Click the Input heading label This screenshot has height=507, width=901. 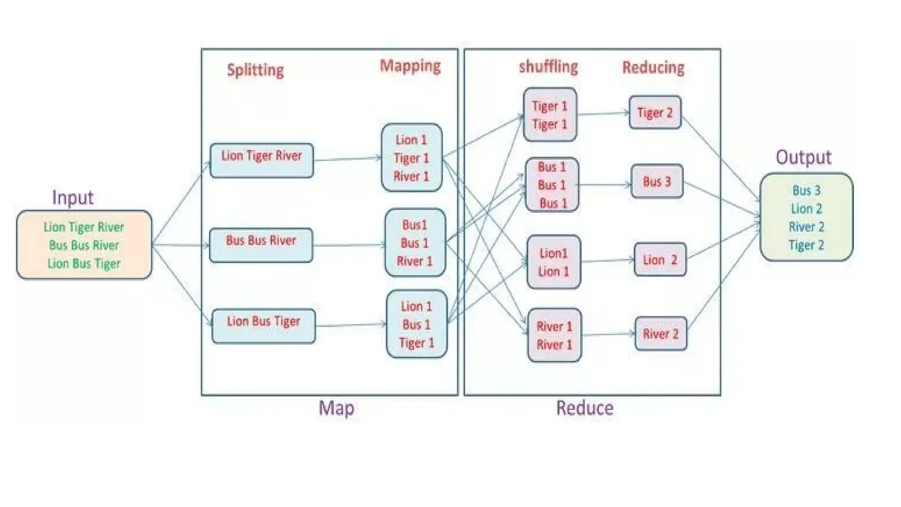(73, 198)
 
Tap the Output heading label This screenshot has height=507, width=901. (803, 158)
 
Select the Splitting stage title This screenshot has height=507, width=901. (255, 70)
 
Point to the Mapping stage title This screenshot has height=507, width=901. (410, 66)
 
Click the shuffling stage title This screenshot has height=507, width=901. (548, 67)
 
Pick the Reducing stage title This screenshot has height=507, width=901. (653, 68)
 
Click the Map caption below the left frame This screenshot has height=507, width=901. (336, 408)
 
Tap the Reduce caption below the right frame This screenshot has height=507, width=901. (585, 408)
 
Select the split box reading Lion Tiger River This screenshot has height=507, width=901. (262, 161)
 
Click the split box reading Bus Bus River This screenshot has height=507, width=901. (261, 245)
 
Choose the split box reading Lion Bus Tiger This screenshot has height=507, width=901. (264, 326)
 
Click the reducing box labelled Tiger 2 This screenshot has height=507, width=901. (655, 113)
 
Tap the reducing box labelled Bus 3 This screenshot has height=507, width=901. (657, 181)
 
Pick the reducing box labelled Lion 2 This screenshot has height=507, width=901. (660, 260)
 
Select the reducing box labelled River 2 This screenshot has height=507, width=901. (661, 334)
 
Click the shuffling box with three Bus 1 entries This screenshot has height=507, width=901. (552, 185)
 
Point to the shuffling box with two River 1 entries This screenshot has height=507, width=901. (554, 335)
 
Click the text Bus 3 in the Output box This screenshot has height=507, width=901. (806, 191)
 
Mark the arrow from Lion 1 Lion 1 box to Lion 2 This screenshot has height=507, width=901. (607, 261)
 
